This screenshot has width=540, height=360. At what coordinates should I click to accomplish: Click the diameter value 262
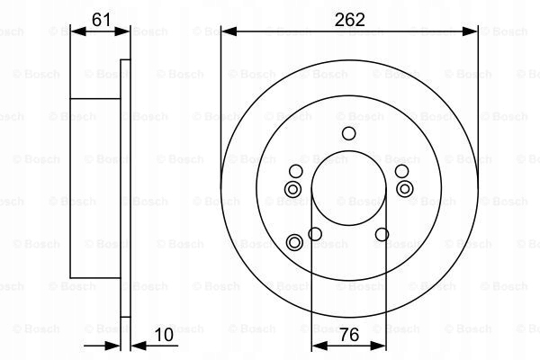pyautogui.click(x=348, y=19)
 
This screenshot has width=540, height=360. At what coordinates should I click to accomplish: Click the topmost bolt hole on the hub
pyautogui.click(x=348, y=134)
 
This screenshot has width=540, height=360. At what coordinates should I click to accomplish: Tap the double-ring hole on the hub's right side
pyautogui.click(x=404, y=188)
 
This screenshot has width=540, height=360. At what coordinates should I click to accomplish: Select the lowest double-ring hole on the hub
pyautogui.click(x=294, y=241)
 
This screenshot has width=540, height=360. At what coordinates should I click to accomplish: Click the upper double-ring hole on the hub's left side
pyautogui.click(x=292, y=188)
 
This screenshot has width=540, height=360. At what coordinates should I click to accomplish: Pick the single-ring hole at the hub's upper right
pyautogui.click(x=400, y=171)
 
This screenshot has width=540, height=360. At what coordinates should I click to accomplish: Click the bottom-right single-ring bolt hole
pyautogui.click(x=382, y=235)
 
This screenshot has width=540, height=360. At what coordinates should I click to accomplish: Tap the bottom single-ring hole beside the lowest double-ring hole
pyautogui.click(x=315, y=235)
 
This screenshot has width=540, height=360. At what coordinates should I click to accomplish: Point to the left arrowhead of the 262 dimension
pyautogui.click(x=226, y=31)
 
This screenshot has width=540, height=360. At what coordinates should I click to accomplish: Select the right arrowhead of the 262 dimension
pyautogui.click(x=472, y=31)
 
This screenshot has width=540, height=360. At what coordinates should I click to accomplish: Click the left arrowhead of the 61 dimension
pyautogui.click(x=76, y=31)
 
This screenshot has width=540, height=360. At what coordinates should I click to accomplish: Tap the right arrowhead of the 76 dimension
pyautogui.click(x=379, y=345)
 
